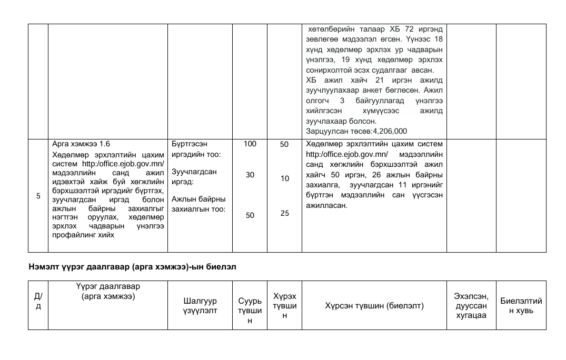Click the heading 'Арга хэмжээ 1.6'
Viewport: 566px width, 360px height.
tap(81, 144)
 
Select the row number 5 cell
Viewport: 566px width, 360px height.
tap(38, 196)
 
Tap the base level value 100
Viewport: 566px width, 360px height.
tap(250, 144)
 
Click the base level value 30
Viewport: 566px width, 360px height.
tap(250, 175)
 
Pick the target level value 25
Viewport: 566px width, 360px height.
tap(284, 214)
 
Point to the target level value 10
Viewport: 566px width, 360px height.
tap(284, 178)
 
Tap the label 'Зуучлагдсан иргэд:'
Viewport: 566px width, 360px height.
tap(194, 176)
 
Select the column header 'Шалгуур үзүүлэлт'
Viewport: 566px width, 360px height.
tap(200, 305)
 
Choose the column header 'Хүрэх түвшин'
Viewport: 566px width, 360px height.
tap(284, 305)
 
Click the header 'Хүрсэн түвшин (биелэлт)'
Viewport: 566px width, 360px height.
tap(374, 305)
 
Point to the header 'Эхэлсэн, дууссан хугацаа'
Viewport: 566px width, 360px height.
tap(471, 305)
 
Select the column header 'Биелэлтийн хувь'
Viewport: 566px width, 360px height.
tap(521, 305)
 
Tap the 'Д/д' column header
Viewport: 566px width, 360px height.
tap(38, 301)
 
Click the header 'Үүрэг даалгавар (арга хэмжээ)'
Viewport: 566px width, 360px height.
tap(107, 291)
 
